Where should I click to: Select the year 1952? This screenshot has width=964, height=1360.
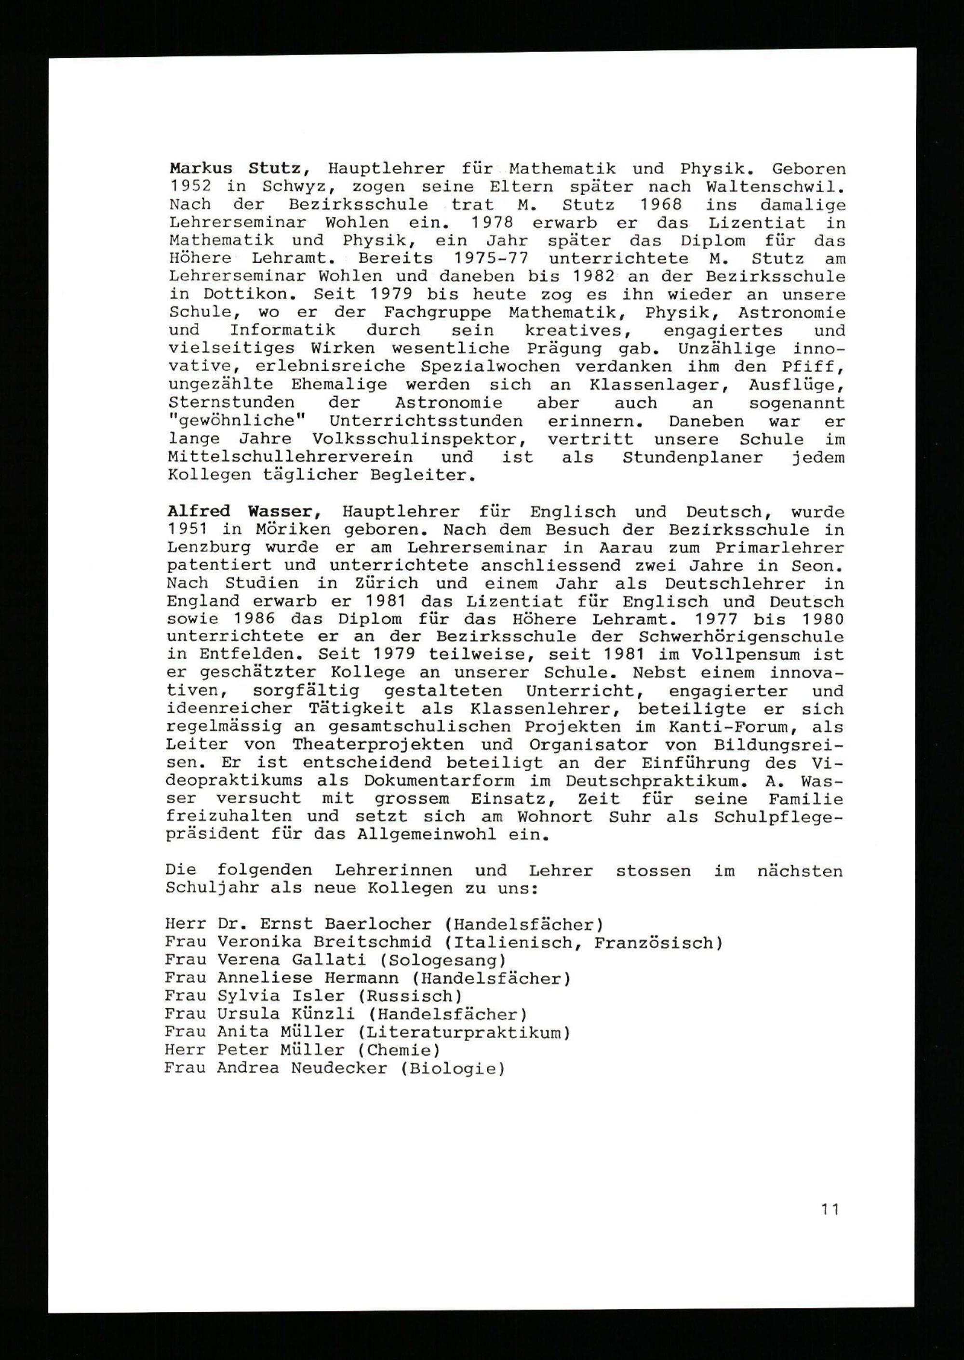pyautogui.click(x=190, y=187)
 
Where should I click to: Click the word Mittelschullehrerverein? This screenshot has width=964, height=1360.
pyautogui.click(x=290, y=457)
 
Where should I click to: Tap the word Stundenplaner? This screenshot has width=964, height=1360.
pyautogui.click(x=693, y=457)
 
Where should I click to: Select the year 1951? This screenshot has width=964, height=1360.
pyautogui.click(x=187, y=529)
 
